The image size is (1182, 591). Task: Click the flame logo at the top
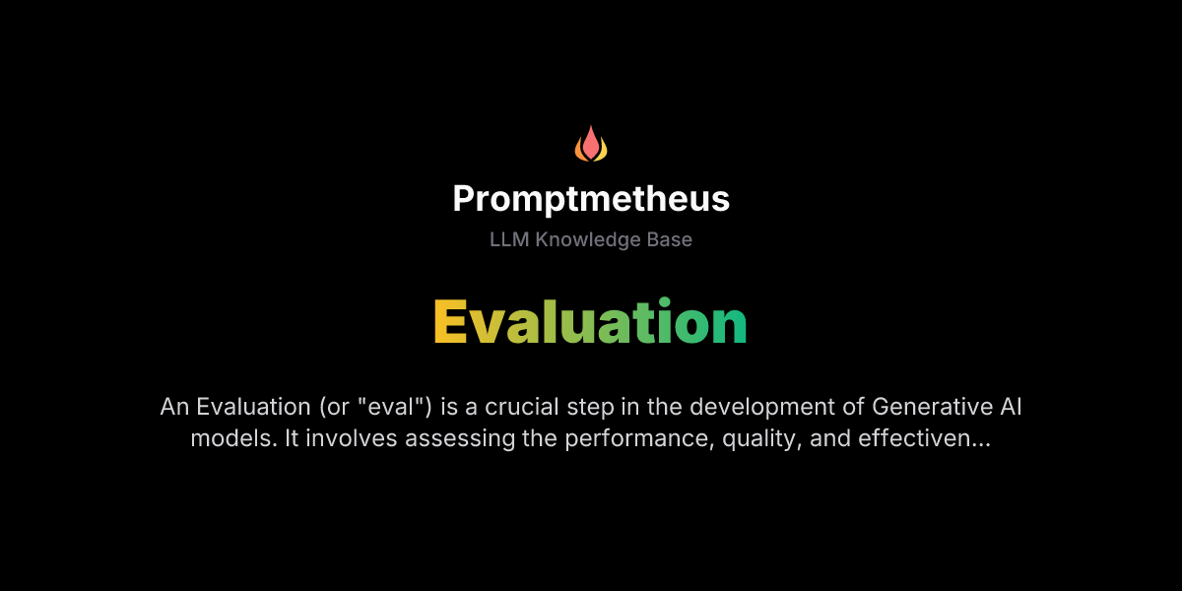click(x=591, y=144)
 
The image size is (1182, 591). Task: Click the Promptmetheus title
click(x=591, y=199)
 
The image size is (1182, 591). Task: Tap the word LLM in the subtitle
click(x=509, y=239)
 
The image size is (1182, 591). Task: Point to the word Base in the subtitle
click(x=670, y=239)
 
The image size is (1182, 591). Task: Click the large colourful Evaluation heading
click(x=591, y=321)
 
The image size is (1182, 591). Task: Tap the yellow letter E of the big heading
click(x=450, y=321)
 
